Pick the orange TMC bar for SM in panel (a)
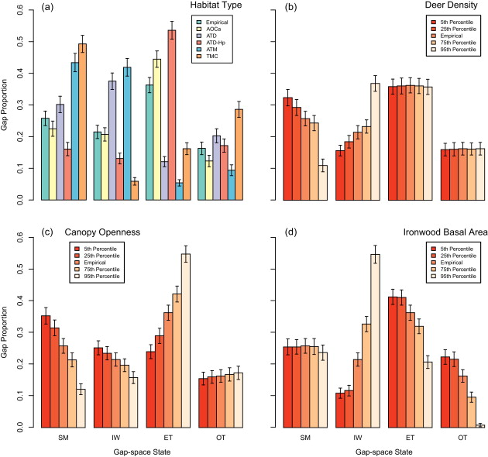click(82, 122)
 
